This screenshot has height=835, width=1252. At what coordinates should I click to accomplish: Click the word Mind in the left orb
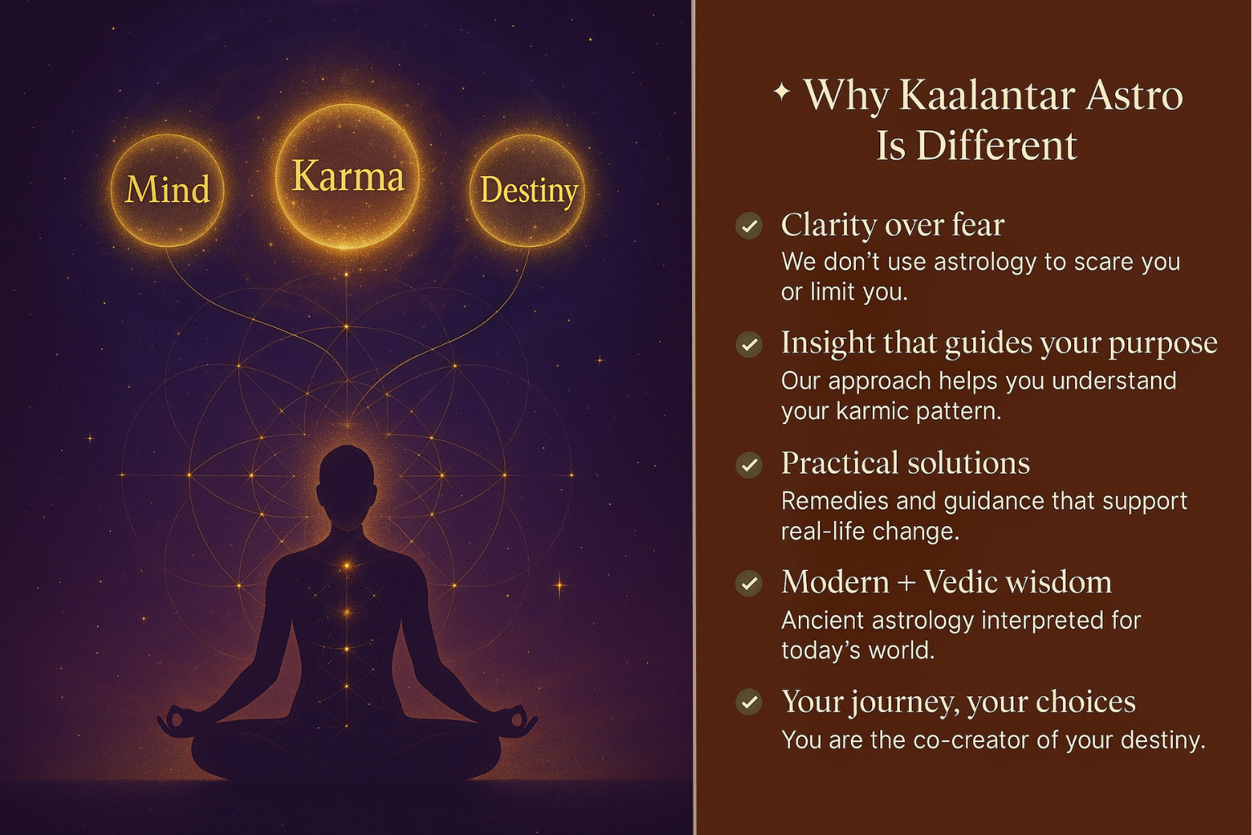click(x=168, y=189)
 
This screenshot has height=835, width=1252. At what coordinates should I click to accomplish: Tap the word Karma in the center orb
click(x=348, y=176)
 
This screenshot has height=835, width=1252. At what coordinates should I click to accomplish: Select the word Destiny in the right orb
click(x=529, y=192)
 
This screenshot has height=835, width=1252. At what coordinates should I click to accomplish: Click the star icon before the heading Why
click(x=782, y=91)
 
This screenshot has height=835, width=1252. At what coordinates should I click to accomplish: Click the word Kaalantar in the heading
click(x=988, y=95)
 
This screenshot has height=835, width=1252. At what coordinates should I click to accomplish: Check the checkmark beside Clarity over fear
click(x=749, y=226)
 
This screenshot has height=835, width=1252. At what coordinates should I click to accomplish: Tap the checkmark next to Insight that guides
click(x=749, y=344)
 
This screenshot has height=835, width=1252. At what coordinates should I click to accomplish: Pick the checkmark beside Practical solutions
click(x=749, y=465)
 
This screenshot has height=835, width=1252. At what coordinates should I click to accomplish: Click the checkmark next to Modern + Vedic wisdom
click(x=749, y=583)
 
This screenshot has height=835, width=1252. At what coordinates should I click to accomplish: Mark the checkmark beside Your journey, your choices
click(x=749, y=702)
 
